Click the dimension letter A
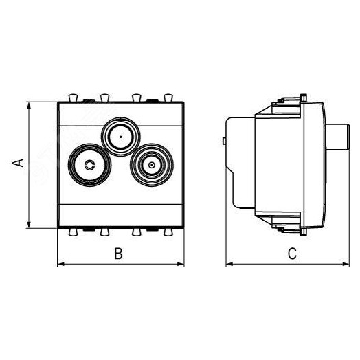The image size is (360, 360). [18, 163]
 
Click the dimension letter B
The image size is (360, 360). [118, 254]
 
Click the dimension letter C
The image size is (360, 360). [292, 254]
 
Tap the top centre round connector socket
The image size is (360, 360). [121, 137]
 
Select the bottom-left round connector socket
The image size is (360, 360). [89, 165]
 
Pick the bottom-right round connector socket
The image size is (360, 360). [152, 165]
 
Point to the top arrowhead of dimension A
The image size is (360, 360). [29, 106]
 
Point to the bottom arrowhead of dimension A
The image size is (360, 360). [29, 225]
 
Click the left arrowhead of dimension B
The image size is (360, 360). [60, 265]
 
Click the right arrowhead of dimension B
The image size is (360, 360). [181, 265]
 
